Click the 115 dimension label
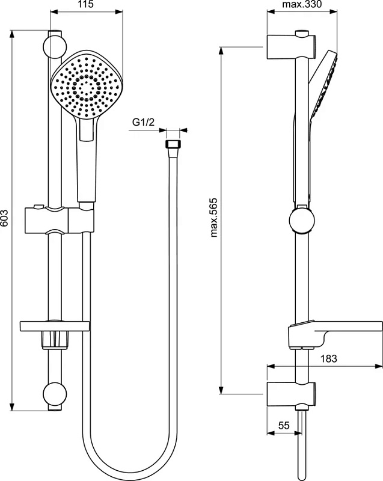(84, 4)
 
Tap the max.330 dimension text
(302, 4)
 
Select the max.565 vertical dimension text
(213, 218)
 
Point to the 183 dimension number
(329, 358)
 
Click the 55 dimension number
(284, 426)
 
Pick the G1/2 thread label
(143, 122)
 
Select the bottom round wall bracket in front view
(55, 394)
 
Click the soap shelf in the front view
(55, 326)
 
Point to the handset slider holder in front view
(58, 220)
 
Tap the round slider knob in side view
(302, 220)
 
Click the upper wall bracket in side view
(291, 47)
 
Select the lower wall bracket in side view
(291, 395)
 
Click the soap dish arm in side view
(336, 334)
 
